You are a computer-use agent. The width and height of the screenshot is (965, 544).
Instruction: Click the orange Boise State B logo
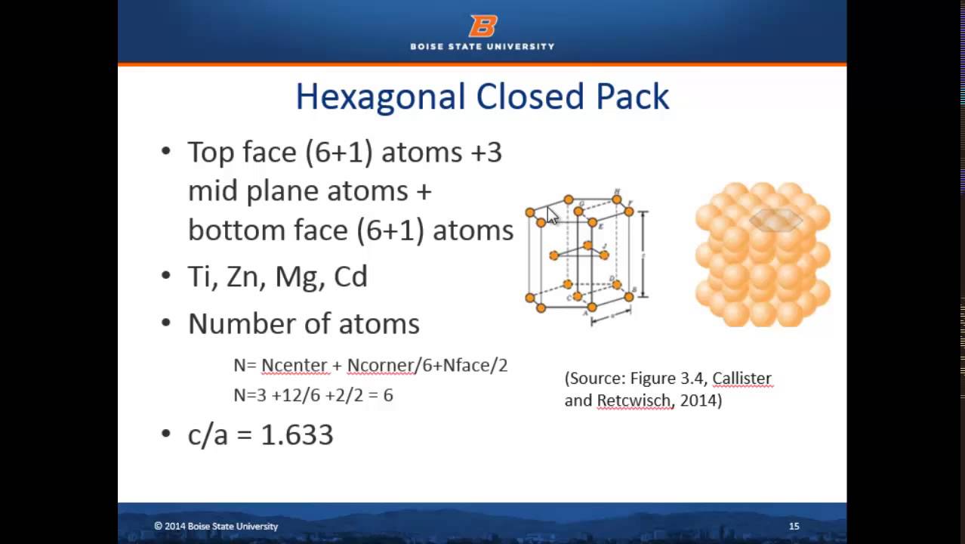(x=482, y=26)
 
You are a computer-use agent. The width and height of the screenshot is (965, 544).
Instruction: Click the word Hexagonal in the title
(x=380, y=97)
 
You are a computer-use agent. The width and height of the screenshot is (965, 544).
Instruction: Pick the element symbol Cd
(x=350, y=277)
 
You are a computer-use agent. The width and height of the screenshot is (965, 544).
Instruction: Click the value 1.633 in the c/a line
(x=297, y=434)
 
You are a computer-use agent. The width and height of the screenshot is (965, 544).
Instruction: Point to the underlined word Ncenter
(x=294, y=366)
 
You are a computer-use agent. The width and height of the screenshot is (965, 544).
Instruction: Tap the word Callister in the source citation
(x=741, y=379)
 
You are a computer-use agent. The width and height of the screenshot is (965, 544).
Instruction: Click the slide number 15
(x=794, y=526)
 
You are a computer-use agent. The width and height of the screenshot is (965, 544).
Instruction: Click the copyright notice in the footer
(x=216, y=526)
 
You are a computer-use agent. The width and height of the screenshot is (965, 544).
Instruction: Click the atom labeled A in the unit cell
(x=591, y=308)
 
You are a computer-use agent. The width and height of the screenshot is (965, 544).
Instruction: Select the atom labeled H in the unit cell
(x=617, y=199)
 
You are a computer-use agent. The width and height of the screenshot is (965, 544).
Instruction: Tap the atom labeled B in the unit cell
(x=629, y=297)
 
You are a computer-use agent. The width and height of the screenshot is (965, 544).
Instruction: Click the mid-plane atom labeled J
(x=604, y=255)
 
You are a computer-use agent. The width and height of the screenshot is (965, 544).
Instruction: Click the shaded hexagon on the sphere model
(x=775, y=220)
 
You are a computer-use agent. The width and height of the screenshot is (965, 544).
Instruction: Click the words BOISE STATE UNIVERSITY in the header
(x=482, y=46)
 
